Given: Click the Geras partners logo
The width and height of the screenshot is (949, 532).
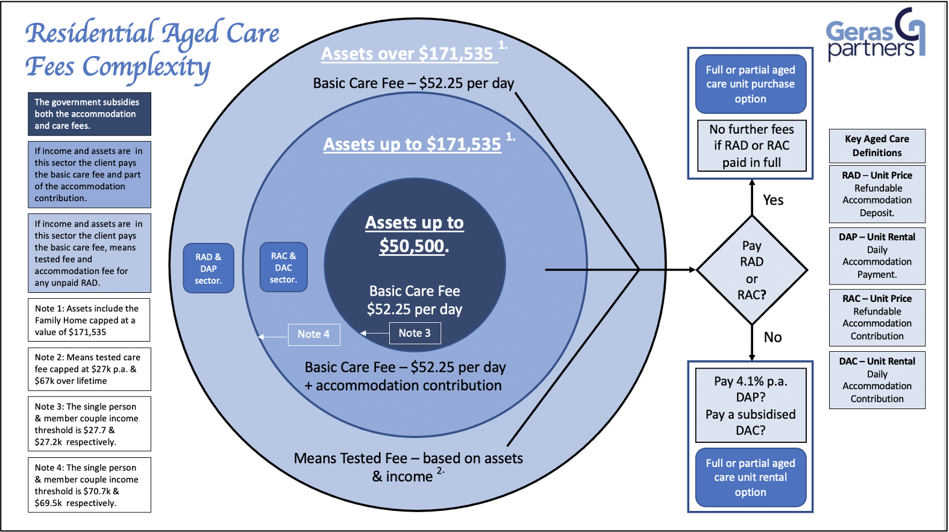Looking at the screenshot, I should [875, 36].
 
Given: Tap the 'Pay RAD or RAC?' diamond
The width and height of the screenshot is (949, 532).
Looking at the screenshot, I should [751, 270].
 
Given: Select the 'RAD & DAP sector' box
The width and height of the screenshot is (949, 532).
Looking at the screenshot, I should [208, 268].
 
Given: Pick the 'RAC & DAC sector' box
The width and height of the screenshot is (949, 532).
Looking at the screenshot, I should [283, 268].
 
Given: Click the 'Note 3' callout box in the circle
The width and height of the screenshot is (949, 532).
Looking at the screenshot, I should [415, 333].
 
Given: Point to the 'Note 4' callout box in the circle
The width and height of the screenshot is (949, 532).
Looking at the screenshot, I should [313, 334].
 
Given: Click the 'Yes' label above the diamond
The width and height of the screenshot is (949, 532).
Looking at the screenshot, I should [773, 200].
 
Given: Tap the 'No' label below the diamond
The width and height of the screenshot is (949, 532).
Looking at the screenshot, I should [772, 337].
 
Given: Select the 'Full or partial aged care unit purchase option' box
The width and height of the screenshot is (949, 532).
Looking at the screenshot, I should [750, 84].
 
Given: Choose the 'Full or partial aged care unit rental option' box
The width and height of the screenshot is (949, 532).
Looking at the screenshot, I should [750, 478].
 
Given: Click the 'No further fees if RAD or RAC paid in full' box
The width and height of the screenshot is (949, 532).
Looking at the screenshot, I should [751, 146].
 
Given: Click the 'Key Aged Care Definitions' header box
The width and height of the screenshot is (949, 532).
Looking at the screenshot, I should [877, 146].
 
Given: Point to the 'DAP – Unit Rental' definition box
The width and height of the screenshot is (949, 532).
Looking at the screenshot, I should [877, 255].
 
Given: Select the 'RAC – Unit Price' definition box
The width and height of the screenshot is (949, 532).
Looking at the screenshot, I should [877, 317].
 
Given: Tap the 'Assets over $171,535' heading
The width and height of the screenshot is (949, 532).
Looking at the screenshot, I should [407, 54].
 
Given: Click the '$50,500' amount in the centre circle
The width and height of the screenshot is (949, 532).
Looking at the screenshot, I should [413, 246].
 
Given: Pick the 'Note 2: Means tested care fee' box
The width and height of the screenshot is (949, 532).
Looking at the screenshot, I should [89, 369].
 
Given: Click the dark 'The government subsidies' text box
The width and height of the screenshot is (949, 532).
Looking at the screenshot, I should [89, 114].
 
